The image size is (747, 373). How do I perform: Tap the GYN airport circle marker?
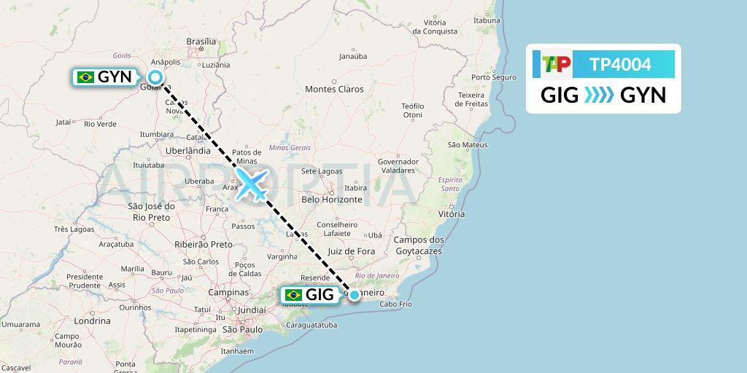point(155,78)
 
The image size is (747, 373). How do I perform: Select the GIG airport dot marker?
point(354,294)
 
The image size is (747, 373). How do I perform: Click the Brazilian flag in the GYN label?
point(86,77)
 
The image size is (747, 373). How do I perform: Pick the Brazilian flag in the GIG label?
point(294,294)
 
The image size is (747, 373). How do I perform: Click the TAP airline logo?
point(556,64)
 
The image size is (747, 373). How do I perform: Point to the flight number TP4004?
point(620,64)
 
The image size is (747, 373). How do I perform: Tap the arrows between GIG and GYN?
point(600,95)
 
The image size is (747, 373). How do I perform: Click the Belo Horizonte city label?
point(332,199)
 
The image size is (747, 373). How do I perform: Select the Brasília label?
point(202,42)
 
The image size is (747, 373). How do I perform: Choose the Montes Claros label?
point(334,89)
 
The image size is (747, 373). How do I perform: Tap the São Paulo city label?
point(241,330)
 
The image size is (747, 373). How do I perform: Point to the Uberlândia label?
point(188,149)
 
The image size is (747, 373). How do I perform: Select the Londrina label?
point(92,321)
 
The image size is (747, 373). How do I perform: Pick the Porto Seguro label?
point(494,77)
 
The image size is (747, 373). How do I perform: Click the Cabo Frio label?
point(396,304)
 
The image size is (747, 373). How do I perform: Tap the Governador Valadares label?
point(398,165)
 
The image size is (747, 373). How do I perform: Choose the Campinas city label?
point(228,291)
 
